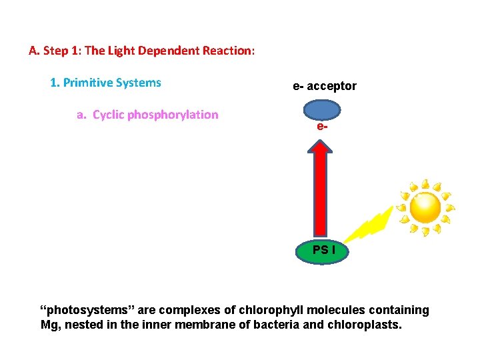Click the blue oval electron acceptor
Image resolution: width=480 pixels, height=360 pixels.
322,110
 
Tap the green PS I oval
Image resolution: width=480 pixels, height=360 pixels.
321,251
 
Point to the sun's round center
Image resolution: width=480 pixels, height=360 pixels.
425,207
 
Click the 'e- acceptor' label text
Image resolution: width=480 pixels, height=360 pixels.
325,86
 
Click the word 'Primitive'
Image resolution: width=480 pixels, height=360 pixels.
88,83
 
